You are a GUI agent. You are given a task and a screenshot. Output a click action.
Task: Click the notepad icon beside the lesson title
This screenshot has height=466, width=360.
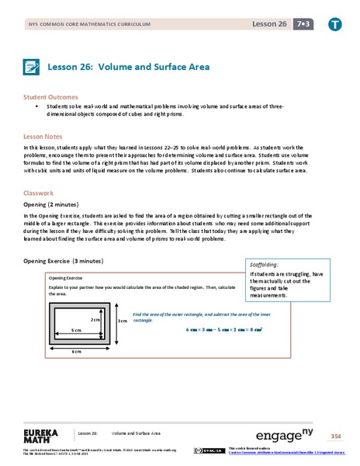point(33,67)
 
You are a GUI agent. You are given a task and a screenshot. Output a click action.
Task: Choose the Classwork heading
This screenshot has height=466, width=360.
point(41,193)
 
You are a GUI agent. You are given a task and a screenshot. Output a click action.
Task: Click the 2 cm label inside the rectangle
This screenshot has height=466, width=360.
point(95,319)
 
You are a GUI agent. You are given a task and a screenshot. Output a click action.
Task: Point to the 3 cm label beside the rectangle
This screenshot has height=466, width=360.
point(121,320)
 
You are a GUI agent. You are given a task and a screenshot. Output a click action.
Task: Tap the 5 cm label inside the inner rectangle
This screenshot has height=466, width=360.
point(77,329)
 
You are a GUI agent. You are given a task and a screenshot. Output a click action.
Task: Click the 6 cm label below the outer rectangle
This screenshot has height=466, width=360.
point(77,351)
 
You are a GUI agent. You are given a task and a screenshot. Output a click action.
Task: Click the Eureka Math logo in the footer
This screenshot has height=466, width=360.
point(42,433)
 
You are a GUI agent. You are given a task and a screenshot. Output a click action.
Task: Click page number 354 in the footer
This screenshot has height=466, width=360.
point(335,433)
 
